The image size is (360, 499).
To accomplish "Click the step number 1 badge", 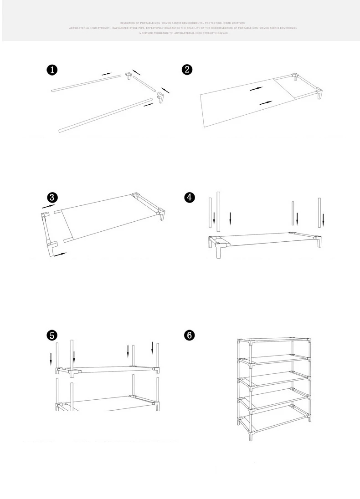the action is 52,70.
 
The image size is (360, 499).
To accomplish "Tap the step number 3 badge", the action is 52,197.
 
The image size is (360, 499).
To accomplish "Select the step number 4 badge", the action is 189,197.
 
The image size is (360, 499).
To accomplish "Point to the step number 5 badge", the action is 52,335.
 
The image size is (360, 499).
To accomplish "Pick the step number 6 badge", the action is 189,335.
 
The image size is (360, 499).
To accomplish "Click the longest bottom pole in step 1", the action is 105,115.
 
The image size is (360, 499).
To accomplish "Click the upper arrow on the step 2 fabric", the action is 256,89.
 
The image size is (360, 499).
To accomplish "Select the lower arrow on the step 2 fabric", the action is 266,103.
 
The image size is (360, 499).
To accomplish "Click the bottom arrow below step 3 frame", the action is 60,255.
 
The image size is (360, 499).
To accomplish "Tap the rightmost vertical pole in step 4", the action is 319,213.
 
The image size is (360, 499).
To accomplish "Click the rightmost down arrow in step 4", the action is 323,219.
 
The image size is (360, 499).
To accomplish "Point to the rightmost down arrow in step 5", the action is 153,348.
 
